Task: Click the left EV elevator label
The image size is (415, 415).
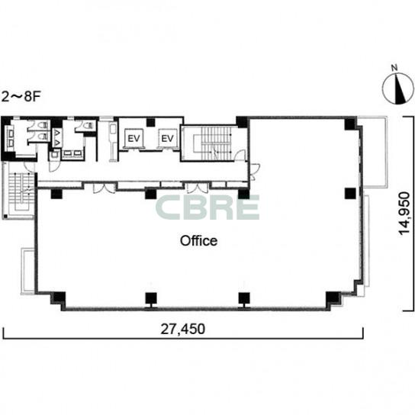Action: coord(134,138)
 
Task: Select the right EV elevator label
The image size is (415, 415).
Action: coord(167,138)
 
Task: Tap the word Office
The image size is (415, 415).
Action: coord(199,241)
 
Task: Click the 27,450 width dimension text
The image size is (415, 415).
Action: coord(183,329)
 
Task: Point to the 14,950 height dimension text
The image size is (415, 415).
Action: coord(404,214)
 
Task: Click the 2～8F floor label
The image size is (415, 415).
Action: coord(21,97)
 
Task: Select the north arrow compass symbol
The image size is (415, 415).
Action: coord(397,88)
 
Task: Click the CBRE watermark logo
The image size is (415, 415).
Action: coord(207,207)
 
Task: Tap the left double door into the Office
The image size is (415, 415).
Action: coord(104,188)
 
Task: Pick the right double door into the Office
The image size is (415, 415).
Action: coord(198,188)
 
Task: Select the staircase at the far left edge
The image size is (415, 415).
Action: coord(21,191)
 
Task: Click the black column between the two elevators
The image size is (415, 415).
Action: coord(151,122)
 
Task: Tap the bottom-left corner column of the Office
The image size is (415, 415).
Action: coord(59,298)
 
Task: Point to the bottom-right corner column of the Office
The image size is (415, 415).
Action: coord(333,298)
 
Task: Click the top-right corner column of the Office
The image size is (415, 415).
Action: coord(350,124)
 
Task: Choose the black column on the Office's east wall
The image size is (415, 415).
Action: coord(350,194)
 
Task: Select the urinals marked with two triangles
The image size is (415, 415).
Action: coord(57,138)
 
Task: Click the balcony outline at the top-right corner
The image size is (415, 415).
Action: coord(372,152)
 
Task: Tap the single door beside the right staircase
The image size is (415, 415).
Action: coord(240,156)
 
